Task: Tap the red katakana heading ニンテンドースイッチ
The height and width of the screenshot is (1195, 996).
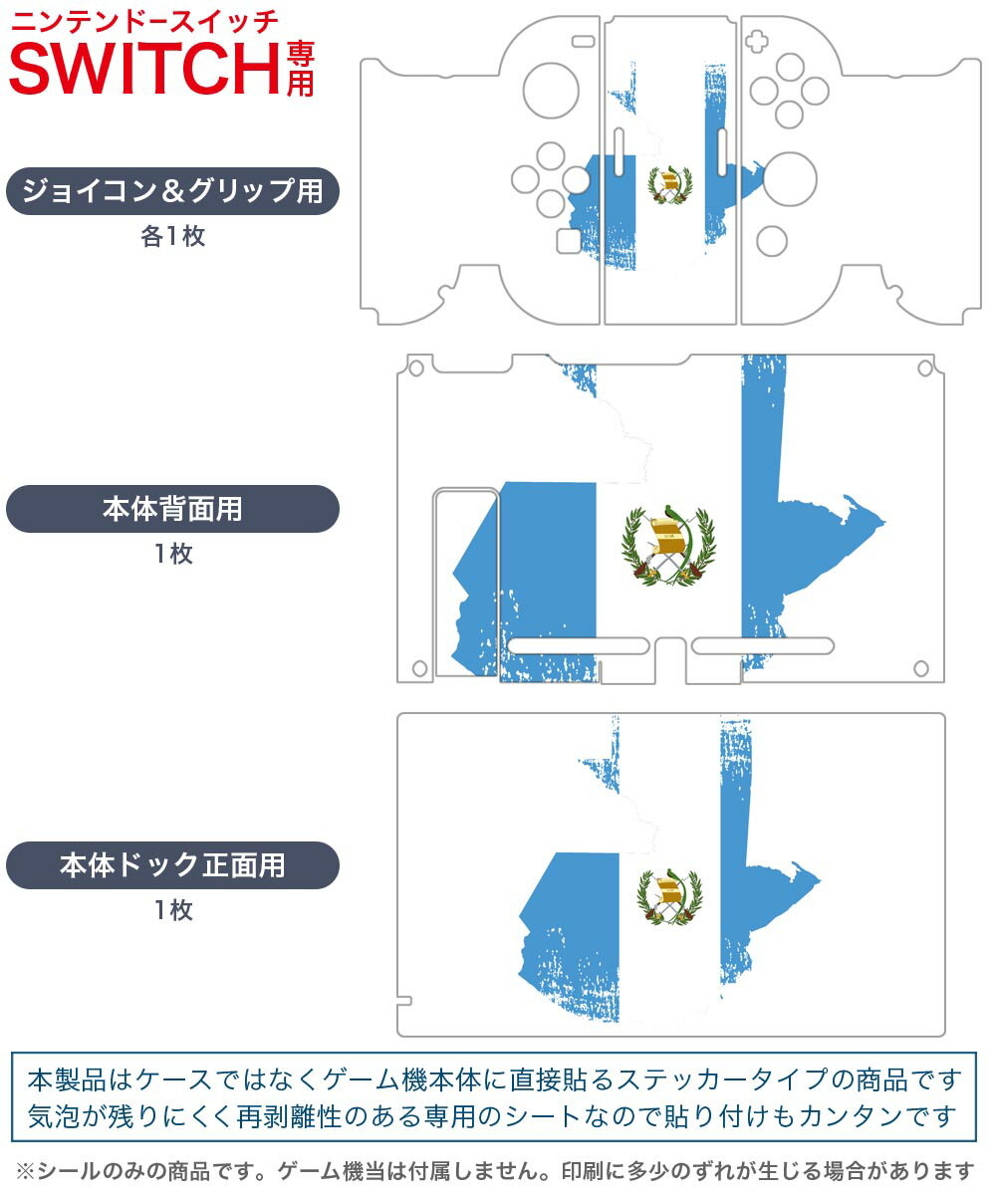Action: tap(144, 22)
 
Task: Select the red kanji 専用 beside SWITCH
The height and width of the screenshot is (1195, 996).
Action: tap(300, 69)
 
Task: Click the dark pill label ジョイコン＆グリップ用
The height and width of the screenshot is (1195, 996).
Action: tap(172, 190)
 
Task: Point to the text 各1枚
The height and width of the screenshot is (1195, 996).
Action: tap(173, 236)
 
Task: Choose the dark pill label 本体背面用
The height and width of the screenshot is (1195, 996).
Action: tap(172, 509)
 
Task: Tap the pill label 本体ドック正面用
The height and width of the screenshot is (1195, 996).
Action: tap(172, 864)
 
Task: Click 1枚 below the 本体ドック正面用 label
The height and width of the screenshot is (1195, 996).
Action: tap(174, 909)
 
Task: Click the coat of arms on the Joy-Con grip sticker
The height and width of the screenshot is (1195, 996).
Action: tap(669, 184)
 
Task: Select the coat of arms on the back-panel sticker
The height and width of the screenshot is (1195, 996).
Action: tap(668, 545)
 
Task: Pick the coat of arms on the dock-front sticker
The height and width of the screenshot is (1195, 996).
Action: tap(669, 896)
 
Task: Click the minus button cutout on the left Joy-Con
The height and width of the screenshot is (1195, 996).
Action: tap(584, 41)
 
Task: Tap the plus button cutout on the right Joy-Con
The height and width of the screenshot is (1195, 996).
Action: tap(756, 41)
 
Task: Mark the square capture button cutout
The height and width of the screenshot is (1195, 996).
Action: tap(569, 241)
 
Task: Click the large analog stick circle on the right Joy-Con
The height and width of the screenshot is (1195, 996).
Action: tap(790, 179)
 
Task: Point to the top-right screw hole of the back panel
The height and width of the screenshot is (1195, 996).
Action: tap(925, 368)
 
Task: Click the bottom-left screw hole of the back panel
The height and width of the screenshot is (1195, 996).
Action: tap(419, 668)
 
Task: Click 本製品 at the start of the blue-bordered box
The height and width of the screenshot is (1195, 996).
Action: tap(67, 1079)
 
